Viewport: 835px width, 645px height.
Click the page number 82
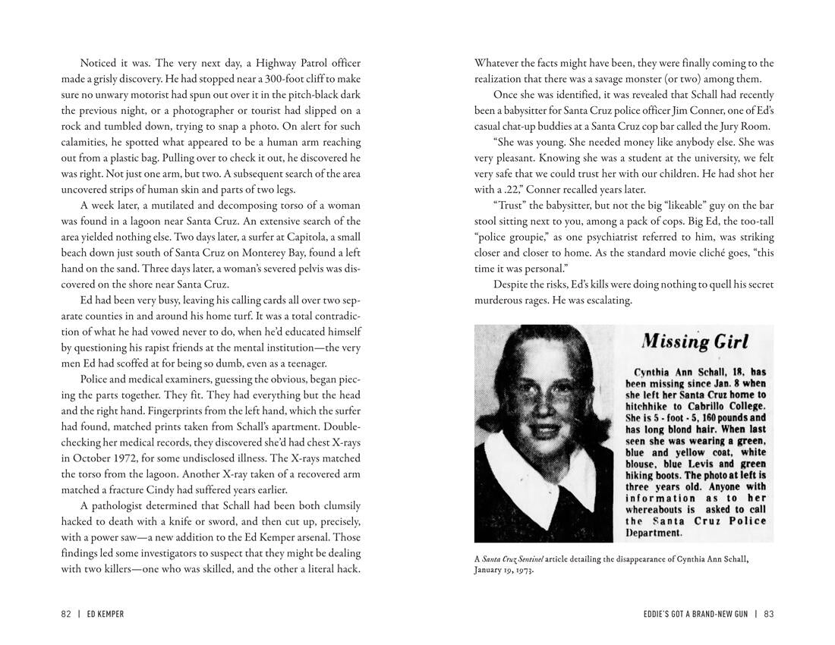[x=67, y=614]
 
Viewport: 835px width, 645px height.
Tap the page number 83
[x=768, y=614]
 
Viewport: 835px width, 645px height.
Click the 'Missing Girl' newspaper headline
[x=695, y=341]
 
